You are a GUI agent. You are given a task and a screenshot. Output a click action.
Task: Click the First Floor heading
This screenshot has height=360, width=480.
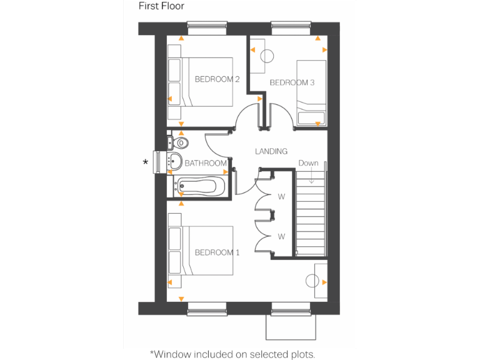161,6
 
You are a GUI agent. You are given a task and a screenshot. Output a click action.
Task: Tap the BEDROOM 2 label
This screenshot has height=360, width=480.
217,79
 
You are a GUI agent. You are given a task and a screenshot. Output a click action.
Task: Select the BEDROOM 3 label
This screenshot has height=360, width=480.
292,82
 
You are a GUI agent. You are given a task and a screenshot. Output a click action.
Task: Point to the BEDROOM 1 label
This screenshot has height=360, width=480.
217,252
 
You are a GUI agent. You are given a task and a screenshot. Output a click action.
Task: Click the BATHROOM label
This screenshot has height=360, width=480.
206,163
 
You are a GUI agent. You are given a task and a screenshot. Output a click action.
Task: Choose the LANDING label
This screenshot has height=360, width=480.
271,151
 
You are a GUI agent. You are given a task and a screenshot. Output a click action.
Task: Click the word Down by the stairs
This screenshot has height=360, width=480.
308,163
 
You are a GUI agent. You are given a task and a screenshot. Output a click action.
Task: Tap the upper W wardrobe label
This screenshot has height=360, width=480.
281,196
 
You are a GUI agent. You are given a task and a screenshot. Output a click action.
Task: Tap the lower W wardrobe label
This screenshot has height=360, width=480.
281,236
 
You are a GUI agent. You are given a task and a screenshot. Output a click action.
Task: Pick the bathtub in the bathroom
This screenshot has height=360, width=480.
196,186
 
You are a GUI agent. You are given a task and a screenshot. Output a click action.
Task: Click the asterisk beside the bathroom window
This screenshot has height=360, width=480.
146,162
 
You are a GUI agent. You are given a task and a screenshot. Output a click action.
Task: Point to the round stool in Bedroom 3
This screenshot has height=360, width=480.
267,56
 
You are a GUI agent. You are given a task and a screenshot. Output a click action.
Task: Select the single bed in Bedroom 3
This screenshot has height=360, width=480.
311,92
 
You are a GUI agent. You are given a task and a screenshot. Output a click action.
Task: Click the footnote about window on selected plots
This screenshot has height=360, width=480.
232,354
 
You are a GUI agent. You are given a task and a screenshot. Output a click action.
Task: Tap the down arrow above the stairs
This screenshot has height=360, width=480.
311,175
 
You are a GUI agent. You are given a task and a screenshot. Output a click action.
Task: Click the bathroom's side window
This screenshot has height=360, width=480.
158,162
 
